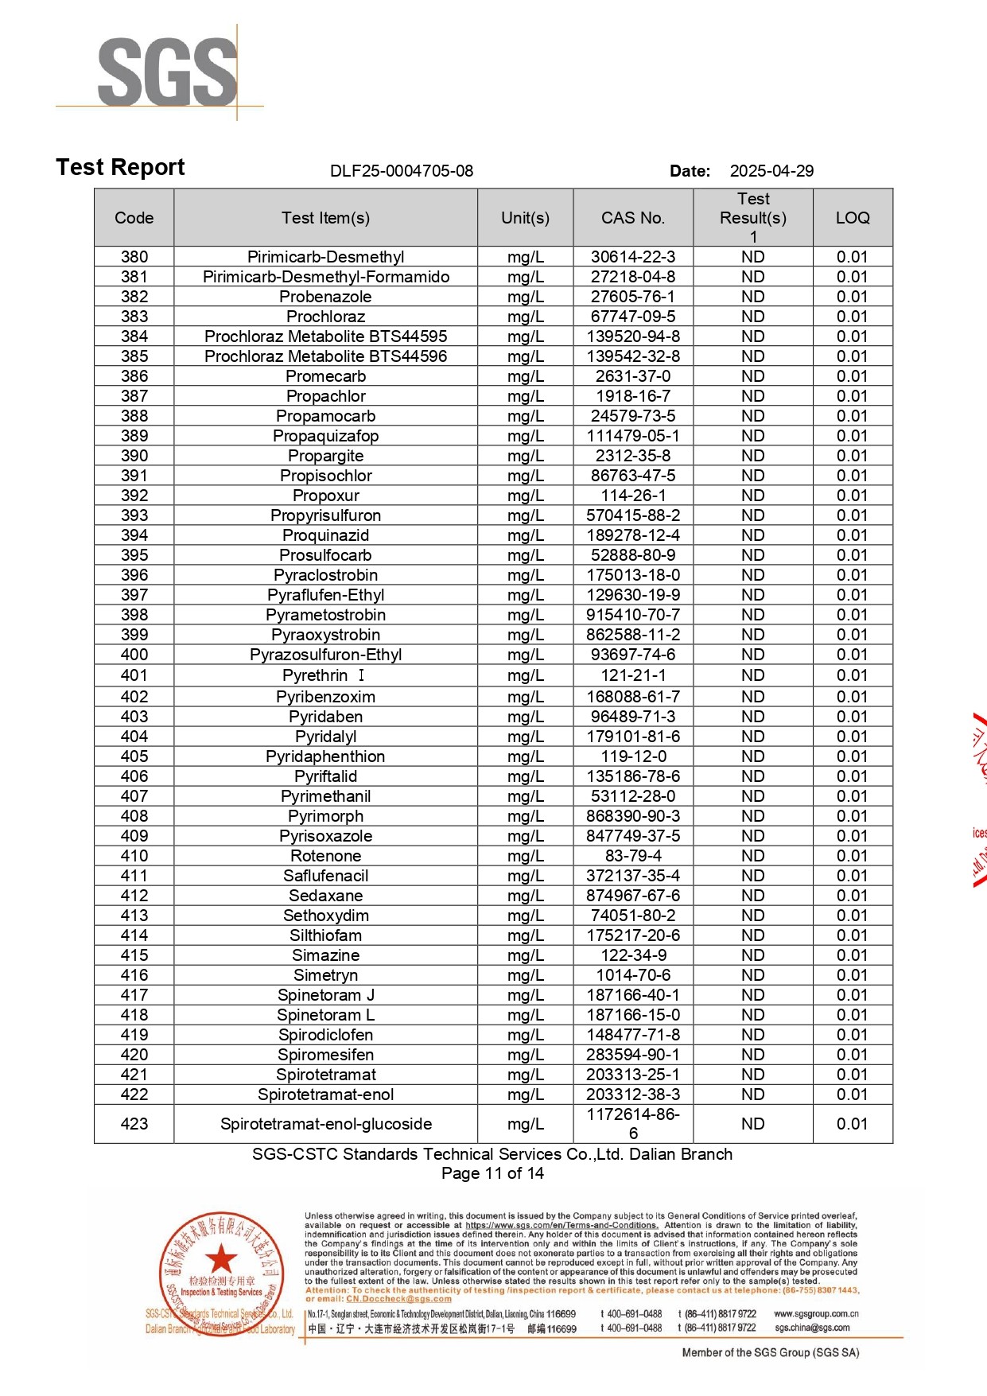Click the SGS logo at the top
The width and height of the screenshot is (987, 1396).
pyautogui.click(x=167, y=72)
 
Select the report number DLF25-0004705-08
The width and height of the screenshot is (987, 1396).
pyautogui.click(x=402, y=171)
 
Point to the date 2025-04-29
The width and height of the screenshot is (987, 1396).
pyautogui.click(x=771, y=171)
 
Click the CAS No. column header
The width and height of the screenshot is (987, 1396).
pyautogui.click(x=633, y=218)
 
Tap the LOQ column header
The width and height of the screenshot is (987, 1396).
pyautogui.click(x=853, y=218)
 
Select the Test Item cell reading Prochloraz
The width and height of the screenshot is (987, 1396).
pyautogui.click(x=326, y=317)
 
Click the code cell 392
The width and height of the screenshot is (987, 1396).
pyautogui.click(x=134, y=496)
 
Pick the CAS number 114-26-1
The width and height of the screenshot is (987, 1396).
pyautogui.click(x=633, y=496)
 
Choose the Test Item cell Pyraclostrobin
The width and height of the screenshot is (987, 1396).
pyautogui.click(x=326, y=575)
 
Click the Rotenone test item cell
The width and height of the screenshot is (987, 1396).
pyautogui.click(x=326, y=856)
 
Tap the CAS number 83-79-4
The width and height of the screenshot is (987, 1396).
pyautogui.click(x=633, y=856)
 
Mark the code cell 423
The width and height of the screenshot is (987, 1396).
pyautogui.click(x=134, y=1124)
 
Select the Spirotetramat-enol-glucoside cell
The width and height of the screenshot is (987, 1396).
pyautogui.click(x=326, y=1124)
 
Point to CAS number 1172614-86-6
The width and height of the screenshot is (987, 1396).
pyautogui.click(x=633, y=1123)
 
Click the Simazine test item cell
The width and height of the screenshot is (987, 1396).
pyautogui.click(x=326, y=955)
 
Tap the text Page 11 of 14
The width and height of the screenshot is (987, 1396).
pyautogui.click(x=492, y=1173)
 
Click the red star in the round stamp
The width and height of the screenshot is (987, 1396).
pyautogui.click(x=221, y=1260)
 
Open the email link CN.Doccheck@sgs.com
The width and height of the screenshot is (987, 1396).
pyautogui.click(x=398, y=1299)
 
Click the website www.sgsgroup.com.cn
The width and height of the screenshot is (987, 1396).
pyautogui.click(x=816, y=1314)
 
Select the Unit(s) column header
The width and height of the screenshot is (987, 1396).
pyautogui.click(x=525, y=218)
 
